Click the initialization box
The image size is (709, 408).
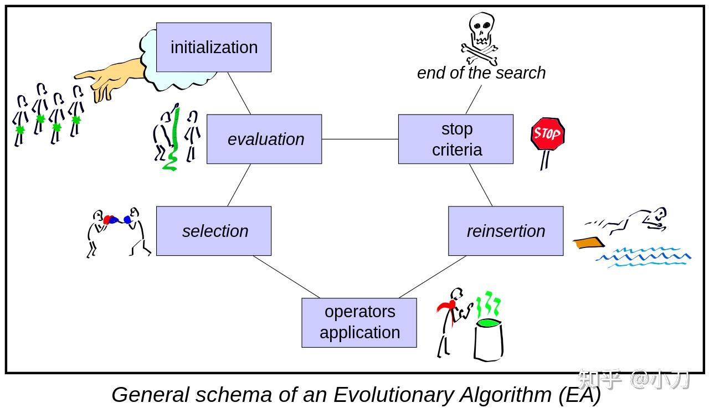pos(214,47)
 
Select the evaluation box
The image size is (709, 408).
pos(264,139)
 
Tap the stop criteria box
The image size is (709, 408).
pos(456,139)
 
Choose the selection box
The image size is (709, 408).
pos(214,231)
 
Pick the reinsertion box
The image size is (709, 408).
pos(506,231)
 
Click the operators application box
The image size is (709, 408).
pos(359,323)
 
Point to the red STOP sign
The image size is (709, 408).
pos(547,133)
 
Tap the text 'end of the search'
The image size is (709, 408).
pos(481,73)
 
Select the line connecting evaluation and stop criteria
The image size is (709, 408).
pos(360,139)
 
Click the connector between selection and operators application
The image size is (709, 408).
pos(286,277)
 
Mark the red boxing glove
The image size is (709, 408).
pos(107,220)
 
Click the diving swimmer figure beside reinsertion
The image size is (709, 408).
pos(637,220)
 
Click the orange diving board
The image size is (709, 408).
pos(589,242)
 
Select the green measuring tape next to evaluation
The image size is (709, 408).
pos(174,138)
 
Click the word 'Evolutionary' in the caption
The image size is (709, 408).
pos(393,395)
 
